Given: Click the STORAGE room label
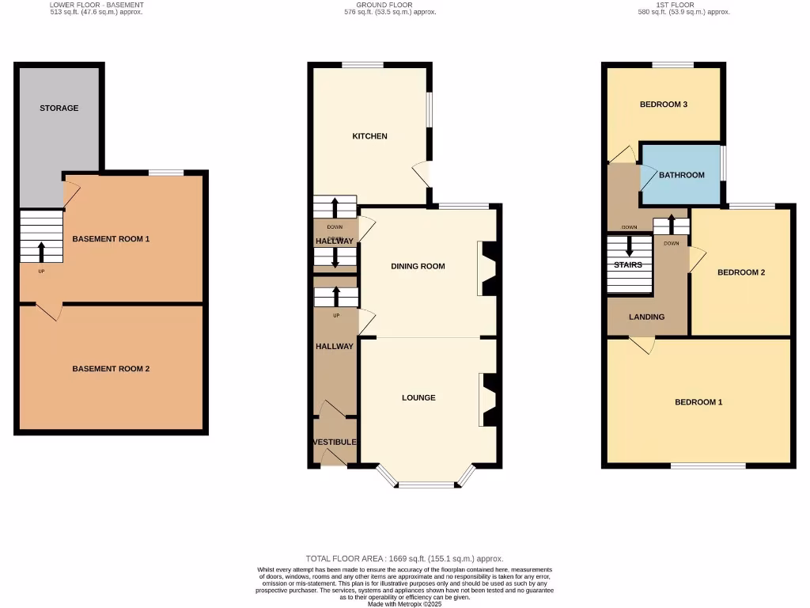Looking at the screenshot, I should point(59,108).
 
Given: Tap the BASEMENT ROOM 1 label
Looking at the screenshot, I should point(111,238).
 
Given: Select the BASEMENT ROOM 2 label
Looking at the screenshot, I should point(111,369).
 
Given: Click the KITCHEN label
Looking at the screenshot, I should point(369,136).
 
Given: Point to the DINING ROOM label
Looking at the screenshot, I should point(418,266).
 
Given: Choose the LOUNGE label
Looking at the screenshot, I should point(418,397).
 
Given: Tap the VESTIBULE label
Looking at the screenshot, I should point(335,442).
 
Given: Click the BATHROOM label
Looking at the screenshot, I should point(681,175).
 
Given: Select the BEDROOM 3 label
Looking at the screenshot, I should point(663,104).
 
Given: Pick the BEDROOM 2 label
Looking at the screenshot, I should point(740,272).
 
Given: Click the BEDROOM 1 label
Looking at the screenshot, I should point(698,402).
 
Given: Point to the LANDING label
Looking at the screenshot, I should point(646,317).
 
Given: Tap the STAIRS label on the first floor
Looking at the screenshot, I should point(629,264).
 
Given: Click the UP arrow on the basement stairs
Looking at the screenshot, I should point(41,252).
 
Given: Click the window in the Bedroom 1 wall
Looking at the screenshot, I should point(708,465).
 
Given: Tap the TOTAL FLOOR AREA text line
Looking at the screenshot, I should point(404,558).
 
